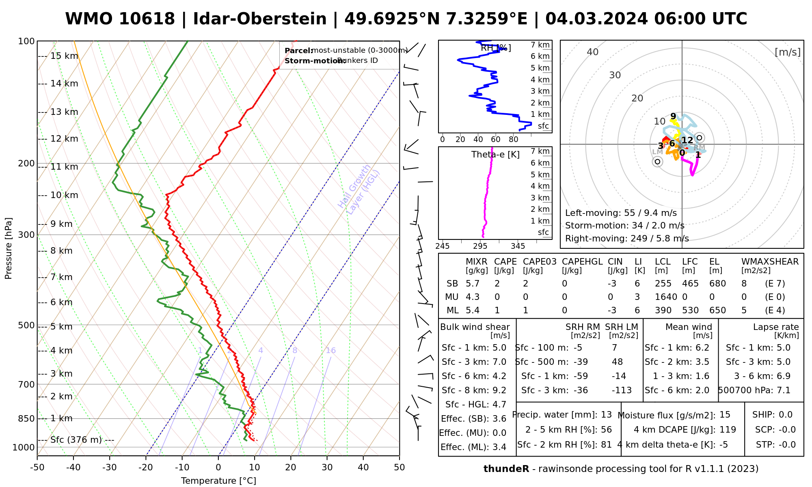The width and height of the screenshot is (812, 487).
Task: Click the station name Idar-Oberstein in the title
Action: point(260,19)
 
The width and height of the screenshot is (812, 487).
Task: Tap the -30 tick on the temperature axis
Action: point(110,468)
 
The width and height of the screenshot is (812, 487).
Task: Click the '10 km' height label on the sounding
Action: point(64,195)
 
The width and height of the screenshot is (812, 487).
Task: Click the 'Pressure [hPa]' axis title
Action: point(9,248)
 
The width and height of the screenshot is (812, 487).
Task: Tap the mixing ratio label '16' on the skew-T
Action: point(330,351)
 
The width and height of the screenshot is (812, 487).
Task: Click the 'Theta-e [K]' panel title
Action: point(495,155)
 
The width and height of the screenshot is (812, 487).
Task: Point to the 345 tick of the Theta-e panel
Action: point(518,246)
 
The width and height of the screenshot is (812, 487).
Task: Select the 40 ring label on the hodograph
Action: point(593,52)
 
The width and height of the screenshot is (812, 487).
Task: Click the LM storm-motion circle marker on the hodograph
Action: point(657,162)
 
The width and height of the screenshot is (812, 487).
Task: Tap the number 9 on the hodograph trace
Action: point(673,116)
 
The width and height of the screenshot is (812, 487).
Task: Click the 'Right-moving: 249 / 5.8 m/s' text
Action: point(627,238)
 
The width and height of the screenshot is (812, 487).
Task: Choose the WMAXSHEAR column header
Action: point(770,262)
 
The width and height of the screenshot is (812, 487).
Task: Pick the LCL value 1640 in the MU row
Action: point(666,297)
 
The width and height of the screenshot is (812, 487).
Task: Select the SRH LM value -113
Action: point(622,390)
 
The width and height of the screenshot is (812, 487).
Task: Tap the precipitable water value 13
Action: point(606,415)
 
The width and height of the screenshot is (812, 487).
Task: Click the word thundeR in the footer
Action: point(506,469)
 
